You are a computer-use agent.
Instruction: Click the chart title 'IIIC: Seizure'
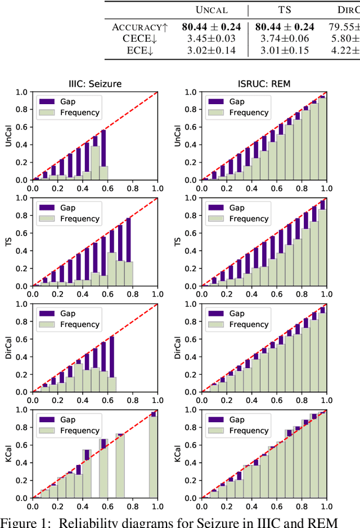pos(94,84)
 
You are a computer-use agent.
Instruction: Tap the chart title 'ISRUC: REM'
pos(263,84)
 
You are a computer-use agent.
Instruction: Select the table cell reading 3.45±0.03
pos(210,38)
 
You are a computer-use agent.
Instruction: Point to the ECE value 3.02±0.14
pos(210,50)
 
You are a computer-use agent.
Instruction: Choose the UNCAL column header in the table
pos(211,10)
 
